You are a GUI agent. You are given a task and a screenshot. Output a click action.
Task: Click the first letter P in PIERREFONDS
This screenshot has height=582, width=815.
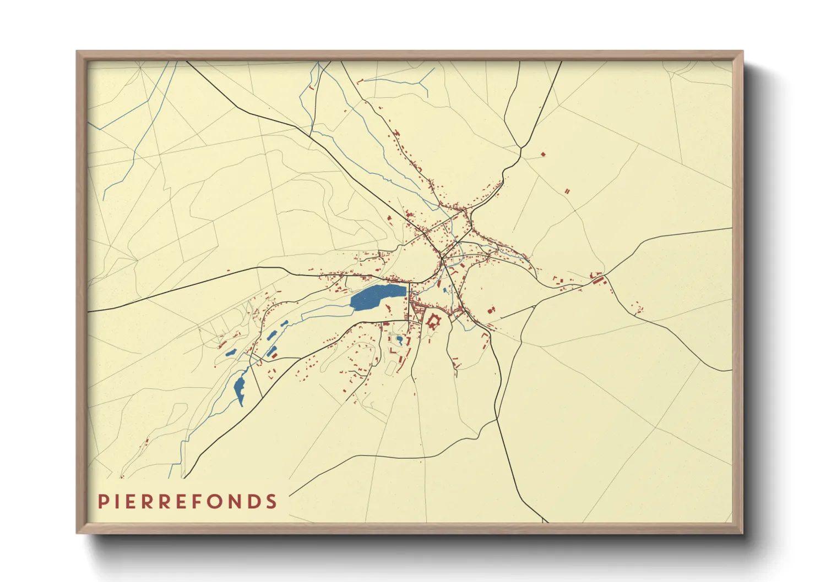pyautogui.click(x=102, y=502)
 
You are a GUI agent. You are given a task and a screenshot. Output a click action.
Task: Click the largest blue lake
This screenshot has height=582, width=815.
pyautogui.click(x=376, y=297)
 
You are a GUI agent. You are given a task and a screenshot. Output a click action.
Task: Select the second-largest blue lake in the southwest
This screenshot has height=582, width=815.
pyautogui.click(x=240, y=388)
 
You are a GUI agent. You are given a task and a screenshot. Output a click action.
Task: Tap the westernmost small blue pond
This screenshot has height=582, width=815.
pyautogui.click(x=230, y=354)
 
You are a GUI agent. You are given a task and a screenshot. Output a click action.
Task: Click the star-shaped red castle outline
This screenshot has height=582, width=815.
pyautogui.click(x=433, y=322)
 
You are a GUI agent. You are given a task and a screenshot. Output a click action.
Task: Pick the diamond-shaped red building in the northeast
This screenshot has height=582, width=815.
pyautogui.click(x=543, y=155)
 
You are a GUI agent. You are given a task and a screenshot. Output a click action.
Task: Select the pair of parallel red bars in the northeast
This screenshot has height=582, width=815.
pyautogui.click(x=567, y=191)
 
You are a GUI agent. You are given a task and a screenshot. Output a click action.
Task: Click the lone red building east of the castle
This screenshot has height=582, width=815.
pyautogui.click(x=491, y=311)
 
